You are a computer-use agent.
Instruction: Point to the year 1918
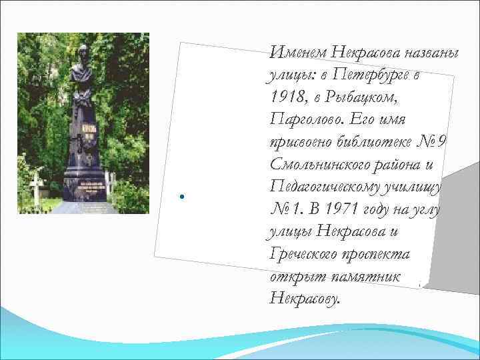[289, 97]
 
